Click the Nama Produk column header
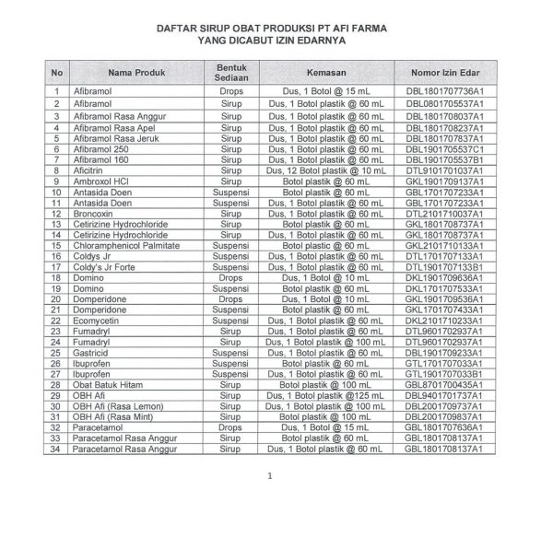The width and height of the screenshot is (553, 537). pyautogui.click(x=136, y=72)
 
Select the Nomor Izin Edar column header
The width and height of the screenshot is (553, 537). pyautogui.click(x=451, y=72)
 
